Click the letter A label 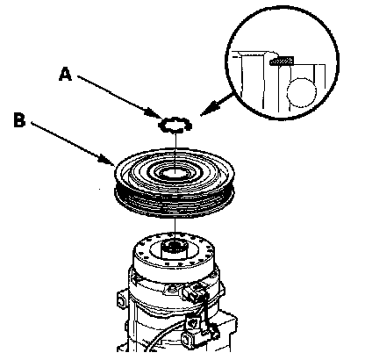tap(65, 74)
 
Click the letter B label tap(19, 120)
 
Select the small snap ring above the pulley tap(175, 125)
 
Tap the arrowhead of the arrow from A tap(155, 113)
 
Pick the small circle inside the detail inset tap(302, 92)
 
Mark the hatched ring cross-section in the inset tap(282, 61)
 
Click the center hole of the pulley tap(175, 173)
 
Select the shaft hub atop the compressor tap(175, 248)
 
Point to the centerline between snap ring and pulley tap(175, 152)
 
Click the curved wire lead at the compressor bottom tap(164, 336)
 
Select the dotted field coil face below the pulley tap(175, 252)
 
